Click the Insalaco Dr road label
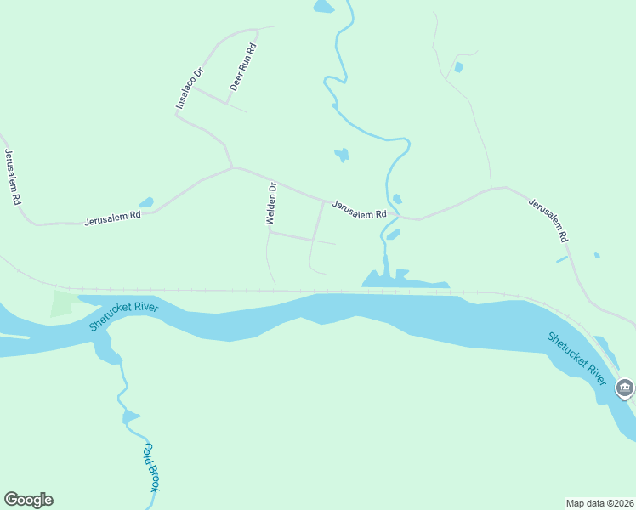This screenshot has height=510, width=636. tap(190, 88)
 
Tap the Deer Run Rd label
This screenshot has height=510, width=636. tap(242, 67)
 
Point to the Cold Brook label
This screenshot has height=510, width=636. tap(151, 467)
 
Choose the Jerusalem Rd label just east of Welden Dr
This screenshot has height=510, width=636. tap(359, 209)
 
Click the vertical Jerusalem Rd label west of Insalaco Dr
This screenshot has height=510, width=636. tap(12, 177)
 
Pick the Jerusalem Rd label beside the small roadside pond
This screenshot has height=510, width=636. tap(111, 218)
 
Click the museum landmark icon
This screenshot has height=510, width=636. tap(625, 388)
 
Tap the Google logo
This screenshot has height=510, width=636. tap(28, 500)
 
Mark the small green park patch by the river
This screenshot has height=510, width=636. tap(61, 303)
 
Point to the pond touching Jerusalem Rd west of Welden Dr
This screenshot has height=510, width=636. tap(146, 203)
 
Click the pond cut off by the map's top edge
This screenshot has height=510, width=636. tap(324, 7)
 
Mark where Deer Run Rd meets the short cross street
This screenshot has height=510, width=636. tap(227, 104)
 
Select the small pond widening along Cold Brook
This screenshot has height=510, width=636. tap(130, 416)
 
